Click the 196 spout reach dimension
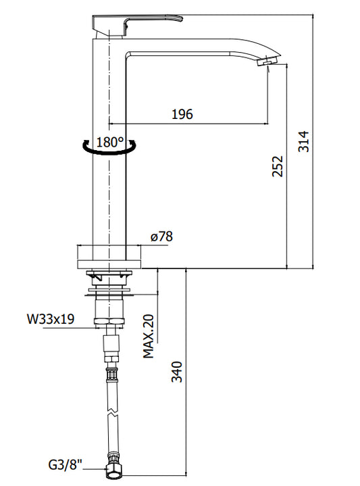pos(182,114)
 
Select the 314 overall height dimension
pos(304,141)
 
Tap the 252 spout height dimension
pos(278,166)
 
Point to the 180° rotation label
pos(110,142)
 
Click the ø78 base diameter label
pos(161,237)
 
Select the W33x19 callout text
pos(51,318)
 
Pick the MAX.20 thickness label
pos(149,337)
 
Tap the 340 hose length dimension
pos(177,371)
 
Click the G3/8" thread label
pos(66,464)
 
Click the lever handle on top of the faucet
pos(136,25)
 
